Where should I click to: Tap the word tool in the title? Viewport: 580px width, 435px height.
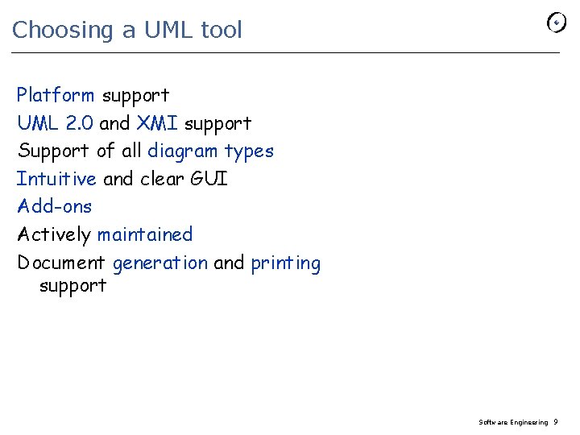[x=221, y=30]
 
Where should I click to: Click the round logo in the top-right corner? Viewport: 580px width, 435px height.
[x=556, y=23]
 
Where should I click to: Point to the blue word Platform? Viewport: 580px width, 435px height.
[x=56, y=95]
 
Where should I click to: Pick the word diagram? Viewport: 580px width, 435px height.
[x=182, y=151]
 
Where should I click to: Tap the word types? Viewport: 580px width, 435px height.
[x=249, y=151]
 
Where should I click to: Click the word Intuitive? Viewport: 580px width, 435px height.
[x=56, y=179]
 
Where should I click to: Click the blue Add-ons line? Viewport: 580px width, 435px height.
[x=55, y=206]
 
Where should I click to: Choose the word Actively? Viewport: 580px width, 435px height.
[x=54, y=235]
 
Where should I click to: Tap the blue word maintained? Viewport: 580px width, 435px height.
[x=145, y=235]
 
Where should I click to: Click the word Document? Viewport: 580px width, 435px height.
[x=61, y=263]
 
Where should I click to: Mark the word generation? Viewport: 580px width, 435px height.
[x=160, y=263]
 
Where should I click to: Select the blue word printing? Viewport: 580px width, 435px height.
[x=285, y=263]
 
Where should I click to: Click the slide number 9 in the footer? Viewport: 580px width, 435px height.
[x=556, y=422]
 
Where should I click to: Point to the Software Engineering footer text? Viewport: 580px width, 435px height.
[x=513, y=422]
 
